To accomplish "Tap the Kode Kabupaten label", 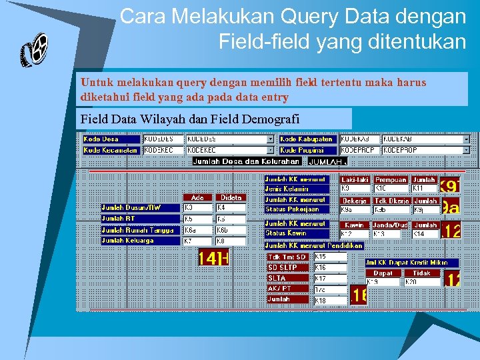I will click(307, 139).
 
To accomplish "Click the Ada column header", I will click(197, 198).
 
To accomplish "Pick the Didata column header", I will click(231, 198).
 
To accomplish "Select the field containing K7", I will click(197, 241).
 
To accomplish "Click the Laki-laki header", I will click(355, 180).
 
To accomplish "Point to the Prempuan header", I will click(391, 180).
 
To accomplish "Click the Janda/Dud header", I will click(391, 225).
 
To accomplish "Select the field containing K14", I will click(425, 235).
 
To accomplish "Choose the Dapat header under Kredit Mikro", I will click(383, 273).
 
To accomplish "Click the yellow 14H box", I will click(213, 258).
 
